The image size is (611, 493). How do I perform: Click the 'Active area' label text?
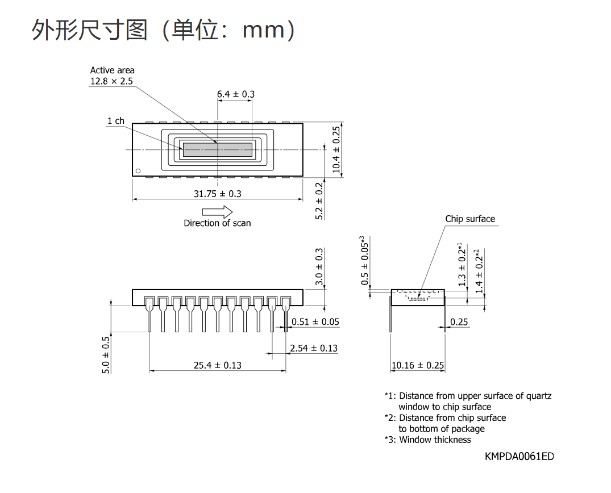point(112,70)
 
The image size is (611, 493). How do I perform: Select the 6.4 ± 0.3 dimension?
point(236,94)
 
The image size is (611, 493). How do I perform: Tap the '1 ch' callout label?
point(116,121)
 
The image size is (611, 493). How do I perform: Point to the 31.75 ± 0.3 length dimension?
point(218,194)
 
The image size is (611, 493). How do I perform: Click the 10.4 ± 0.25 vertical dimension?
point(336,150)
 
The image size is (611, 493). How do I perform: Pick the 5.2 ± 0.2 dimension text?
point(319,201)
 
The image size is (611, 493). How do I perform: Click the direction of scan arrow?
point(217,212)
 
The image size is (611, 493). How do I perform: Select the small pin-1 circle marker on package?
point(138,171)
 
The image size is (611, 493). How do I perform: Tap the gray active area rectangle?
point(218,149)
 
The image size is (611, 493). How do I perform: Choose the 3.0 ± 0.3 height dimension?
point(319,266)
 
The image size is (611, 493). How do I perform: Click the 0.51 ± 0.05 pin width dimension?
point(315,321)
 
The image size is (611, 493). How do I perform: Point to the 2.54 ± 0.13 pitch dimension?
point(314,348)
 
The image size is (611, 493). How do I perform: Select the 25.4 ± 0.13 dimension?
point(218,365)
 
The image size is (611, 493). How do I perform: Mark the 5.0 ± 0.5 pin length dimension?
point(106,355)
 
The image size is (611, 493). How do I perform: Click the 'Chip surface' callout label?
point(471,219)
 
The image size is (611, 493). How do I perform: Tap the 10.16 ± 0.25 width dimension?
point(418,365)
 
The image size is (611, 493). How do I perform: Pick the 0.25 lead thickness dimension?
point(459,322)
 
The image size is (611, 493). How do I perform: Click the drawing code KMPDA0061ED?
point(519,457)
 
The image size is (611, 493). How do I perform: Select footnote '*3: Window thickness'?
point(427,440)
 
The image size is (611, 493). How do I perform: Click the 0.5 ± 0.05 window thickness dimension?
point(365,260)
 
